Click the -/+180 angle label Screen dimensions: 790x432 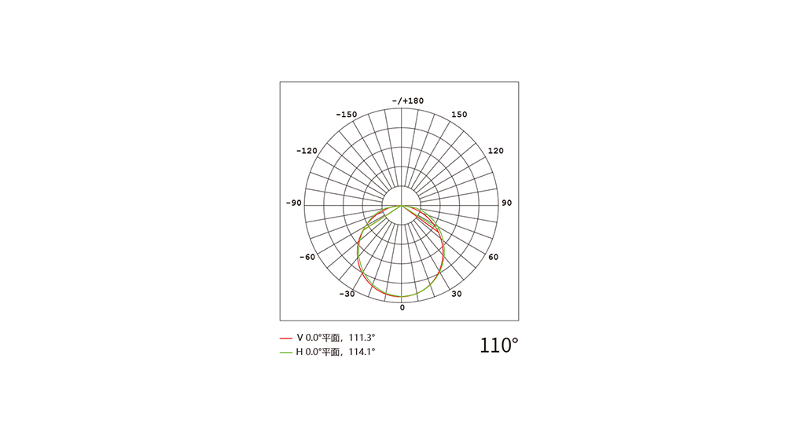[408, 101]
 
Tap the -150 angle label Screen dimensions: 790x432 [347, 115]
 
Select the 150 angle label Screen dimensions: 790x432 [459, 115]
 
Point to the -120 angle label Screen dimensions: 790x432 [307, 151]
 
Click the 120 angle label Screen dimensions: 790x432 [496, 151]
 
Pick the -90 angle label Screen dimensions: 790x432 [294, 203]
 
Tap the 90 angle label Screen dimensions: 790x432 [506, 203]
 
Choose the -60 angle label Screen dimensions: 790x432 [307, 257]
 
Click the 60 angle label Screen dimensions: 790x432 [493, 257]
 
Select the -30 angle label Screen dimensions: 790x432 [347, 294]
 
